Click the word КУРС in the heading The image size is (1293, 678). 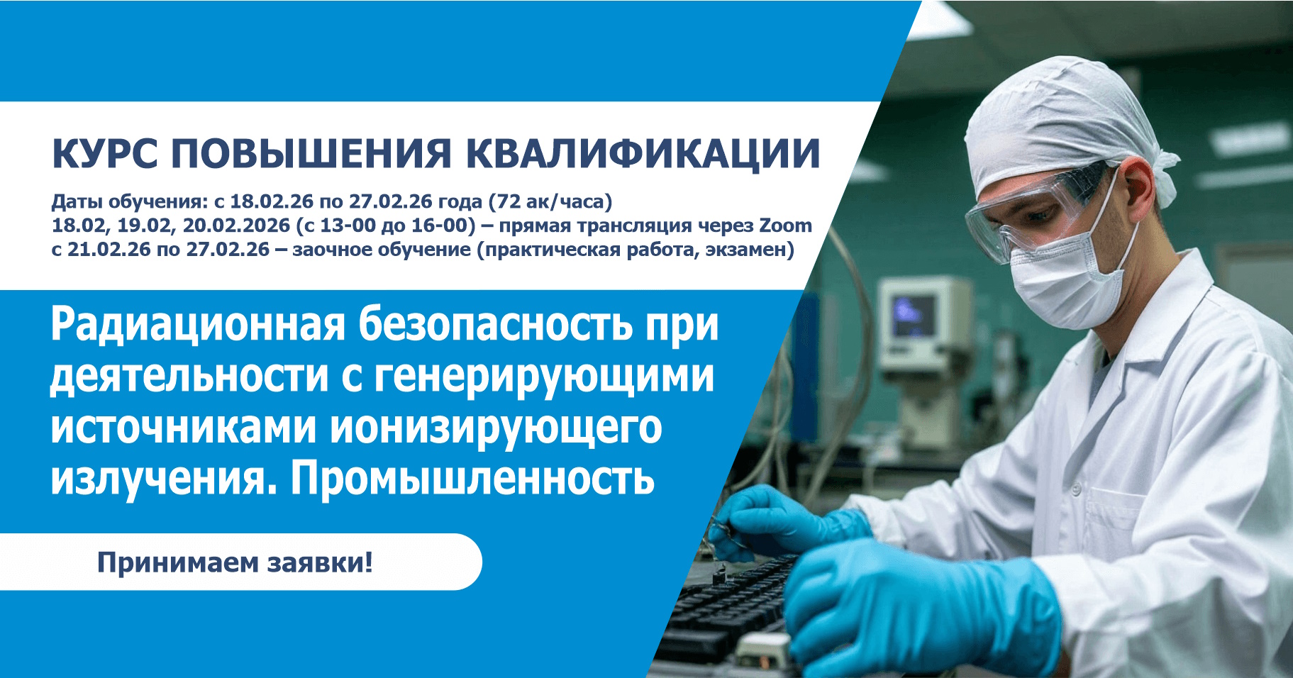click(105, 154)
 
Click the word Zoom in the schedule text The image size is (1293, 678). click(785, 226)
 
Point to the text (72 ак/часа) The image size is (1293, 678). click(550, 201)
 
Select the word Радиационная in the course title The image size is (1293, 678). click(197, 325)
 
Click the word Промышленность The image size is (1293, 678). click(472, 479)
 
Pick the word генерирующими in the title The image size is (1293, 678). click(543, 376)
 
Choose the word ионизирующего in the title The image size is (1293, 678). click(496, 428)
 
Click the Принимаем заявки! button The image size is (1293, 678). click(235, 562)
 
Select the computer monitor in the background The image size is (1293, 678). click(919, 319)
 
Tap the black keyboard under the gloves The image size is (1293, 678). click(731, 610)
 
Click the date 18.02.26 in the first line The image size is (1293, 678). click(271, 201)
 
